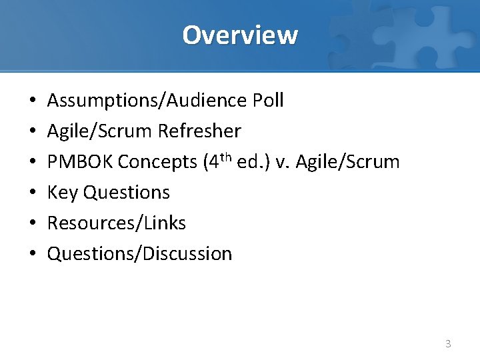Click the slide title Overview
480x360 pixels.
(240, 35)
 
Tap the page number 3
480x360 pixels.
(448, 344)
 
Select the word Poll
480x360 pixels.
(268, 101)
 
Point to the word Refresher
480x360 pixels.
(199, 131)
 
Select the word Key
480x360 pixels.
(62, 193)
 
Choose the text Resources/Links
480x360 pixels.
(117, 223)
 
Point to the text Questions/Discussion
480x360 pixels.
(139, 254)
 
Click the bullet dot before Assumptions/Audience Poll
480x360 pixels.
(32, 101)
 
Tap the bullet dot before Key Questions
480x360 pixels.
(32, 193)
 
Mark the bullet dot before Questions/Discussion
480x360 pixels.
(32, 255)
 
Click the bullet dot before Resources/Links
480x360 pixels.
(32, 224)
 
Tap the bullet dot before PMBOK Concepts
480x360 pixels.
(32, 163)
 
